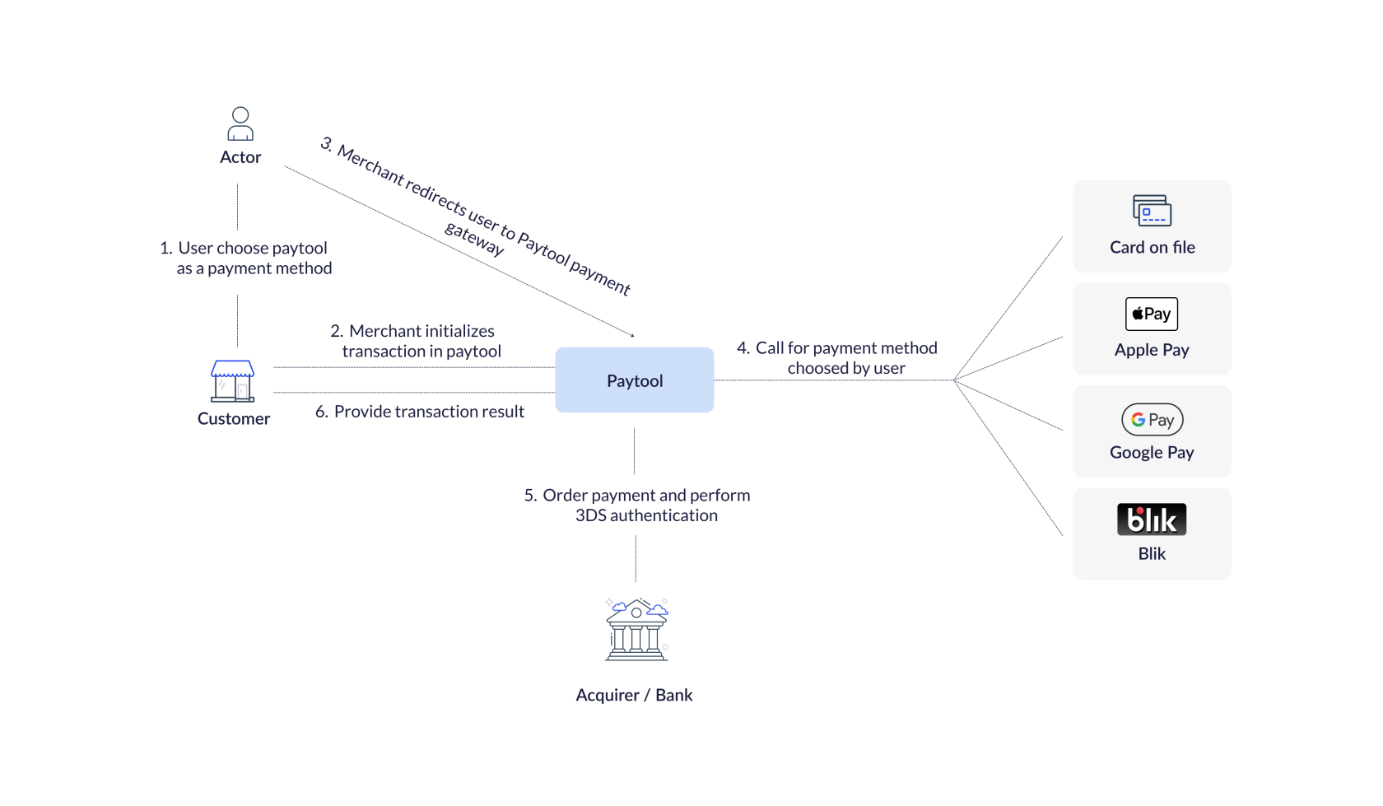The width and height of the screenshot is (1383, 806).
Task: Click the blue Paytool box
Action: (x=634, y=380)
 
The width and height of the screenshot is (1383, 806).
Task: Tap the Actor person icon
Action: (x=240, y=124)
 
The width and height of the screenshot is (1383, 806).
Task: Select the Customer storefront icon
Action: (x=233, y=381)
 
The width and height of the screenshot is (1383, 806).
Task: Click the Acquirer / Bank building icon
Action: (x=636, y=630)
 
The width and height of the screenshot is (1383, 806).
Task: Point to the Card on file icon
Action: (x=1152, y=211)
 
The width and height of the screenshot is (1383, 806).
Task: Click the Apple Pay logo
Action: (x=1152, y=314)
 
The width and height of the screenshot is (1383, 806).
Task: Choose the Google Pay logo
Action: (x=1152, y=420)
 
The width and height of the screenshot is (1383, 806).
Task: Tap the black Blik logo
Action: (x=1152, y=519)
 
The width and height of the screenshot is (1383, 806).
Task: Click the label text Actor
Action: (x=240, y=157)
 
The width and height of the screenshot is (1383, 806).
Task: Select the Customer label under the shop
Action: (x=234, y=419)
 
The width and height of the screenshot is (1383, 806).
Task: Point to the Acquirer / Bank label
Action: (x=634, y=695)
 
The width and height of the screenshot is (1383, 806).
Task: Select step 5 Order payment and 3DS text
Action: (x=638, y=505)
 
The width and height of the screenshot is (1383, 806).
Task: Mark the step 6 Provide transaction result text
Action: (x=420, y=412)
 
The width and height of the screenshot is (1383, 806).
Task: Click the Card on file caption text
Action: (x=1152, y=248)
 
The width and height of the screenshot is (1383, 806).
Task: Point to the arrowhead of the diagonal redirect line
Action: (x=632, y=335)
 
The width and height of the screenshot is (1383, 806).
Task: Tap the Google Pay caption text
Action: (x=1152, y=453)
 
